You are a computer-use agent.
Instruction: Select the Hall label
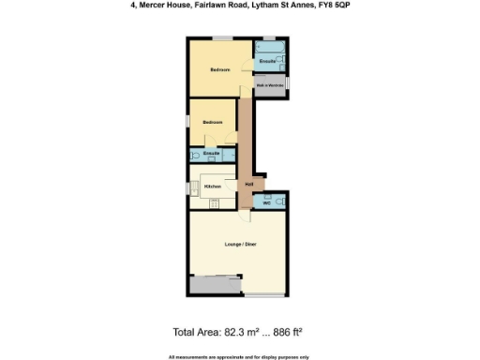click(x=250, y=184)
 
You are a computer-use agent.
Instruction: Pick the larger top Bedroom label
click(x=219, y=70)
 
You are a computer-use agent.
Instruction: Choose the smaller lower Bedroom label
click(x=213, y=123)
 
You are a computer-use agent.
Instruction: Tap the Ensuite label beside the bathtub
click(x=268, y=60)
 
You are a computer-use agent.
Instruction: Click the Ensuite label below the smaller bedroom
click(x=212, y=153)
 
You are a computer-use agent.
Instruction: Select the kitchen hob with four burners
click(x=216, y=202)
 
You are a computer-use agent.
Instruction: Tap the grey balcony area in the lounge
click(x=215, y=284)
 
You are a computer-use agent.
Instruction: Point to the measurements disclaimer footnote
click(x=239, y=355)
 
